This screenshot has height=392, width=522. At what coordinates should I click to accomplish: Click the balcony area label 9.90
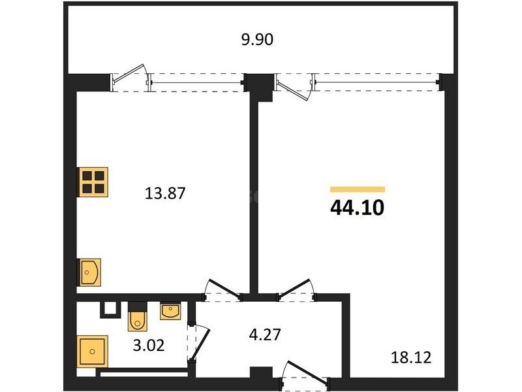coord(257,39)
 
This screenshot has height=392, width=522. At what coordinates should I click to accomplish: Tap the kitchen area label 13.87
coord(165,193)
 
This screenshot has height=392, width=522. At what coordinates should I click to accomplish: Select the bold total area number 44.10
coord(357,207)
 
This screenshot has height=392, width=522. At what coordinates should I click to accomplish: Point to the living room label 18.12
coord(411,357)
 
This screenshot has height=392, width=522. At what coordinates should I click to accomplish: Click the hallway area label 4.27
coord(265,335)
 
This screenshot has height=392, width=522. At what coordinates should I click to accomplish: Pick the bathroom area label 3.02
coord(149,346)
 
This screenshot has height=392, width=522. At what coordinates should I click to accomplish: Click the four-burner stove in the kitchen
coord(93,182)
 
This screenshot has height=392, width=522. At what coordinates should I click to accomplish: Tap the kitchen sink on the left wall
coord(89,272)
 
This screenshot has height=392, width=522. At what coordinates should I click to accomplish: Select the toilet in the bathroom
coord(138,317)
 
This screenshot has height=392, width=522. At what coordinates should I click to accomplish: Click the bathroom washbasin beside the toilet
coord(170,311)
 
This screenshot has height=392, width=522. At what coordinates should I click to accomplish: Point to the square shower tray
coord(93,351)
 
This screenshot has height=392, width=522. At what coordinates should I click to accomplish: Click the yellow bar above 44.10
coord(358,189)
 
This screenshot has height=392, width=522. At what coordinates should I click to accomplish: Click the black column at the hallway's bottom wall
coord(262,372)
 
